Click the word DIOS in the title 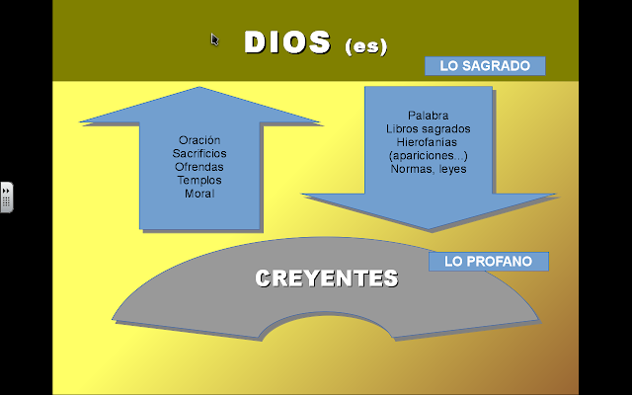pyautogui.click(x=286, y=42)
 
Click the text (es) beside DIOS pyautogui.click(x=366, y=45)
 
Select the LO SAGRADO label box pyautogui.click(x=485, y=66)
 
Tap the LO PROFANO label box pyautogui.click(x=489, y=262)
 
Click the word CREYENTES pyautogui.click(x=327, y=278)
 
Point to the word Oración pyautogui.click(x=199, y=140)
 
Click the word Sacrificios pyautogui.click(x=199, y=153)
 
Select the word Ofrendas pyautogui.click(x=199, y=167)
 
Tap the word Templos pyautogui.click(x=199, y=180)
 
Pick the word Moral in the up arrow pyautogui.click(x=199, y=193)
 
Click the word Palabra pyautogui.click(x=428, y=116)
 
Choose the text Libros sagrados pyautogui.click(x=428, y=128)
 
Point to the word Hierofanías pyautogui.click(x=428, y=142)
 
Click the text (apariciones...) pyautogui.click(x=428, y=155)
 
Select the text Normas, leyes pyautogui.click(x=428, y=169)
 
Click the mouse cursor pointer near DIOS pyautogui.click(x=214, y=39)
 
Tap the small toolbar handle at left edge pyautogui.click(x=6, y=196)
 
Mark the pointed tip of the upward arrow pyautogui.click(x=200, y=89)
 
